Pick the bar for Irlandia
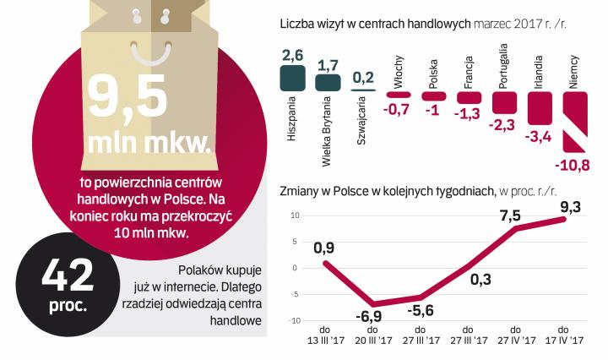(540, 106)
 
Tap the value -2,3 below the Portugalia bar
(504, 125)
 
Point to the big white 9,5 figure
(133, 94)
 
